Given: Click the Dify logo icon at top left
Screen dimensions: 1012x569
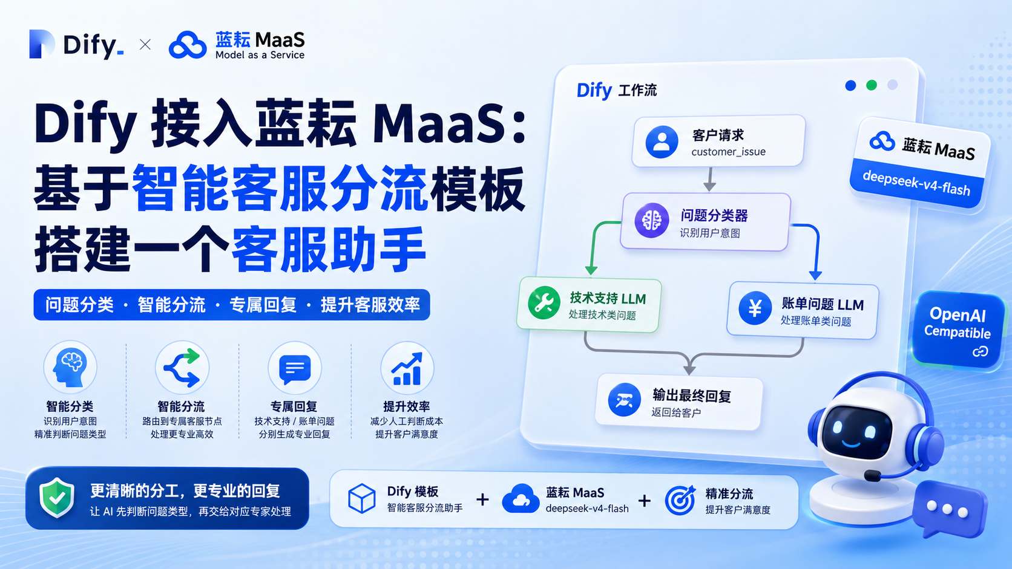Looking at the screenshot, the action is (x=42, y=44).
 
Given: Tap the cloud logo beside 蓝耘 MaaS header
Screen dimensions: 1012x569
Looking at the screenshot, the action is (x=188, y=45).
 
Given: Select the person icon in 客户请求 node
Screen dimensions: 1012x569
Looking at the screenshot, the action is (x=662, y=141).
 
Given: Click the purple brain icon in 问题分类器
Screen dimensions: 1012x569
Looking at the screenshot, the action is (x=651, y=221).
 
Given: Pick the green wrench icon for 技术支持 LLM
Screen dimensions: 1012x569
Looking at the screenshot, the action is (x=544, y=303).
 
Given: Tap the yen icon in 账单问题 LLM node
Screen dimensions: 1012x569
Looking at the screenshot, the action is (x=755, y=308).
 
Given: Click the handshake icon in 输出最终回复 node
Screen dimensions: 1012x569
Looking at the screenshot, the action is (x=625, y=400).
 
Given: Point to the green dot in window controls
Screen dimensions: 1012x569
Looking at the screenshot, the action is (x=872, y=85).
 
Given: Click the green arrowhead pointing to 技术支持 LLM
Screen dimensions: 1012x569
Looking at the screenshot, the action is (x=591, y=270).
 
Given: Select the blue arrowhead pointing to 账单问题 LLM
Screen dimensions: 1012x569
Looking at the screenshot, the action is (x=815, y=275).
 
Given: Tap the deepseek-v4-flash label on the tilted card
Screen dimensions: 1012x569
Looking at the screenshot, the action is (x=916, y=183).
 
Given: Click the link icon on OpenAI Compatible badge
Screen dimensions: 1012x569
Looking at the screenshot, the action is (x=981, y=351).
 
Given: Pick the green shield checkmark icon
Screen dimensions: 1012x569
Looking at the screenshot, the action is (x=56, y=497).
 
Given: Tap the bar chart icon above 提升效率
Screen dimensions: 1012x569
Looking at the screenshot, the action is (x=407, y=369).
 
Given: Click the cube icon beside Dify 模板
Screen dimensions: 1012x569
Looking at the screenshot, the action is (x=361, y=499).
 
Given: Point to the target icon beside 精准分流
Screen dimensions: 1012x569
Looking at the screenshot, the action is (x=680, y=500).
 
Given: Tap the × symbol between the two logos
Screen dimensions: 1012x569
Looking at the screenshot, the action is (x=145, y=44).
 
